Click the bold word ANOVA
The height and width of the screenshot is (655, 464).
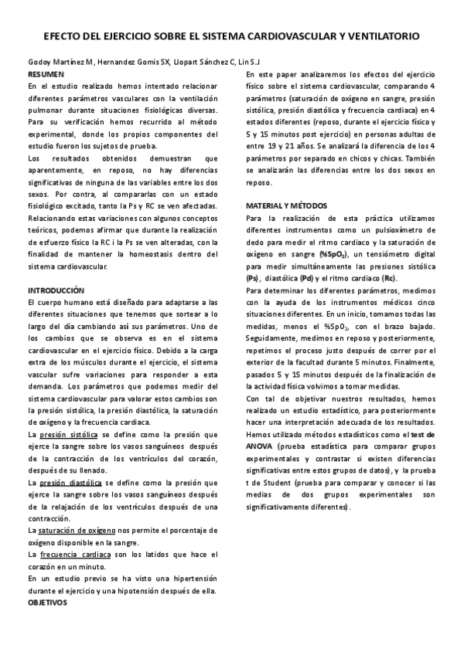click(260, 447)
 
